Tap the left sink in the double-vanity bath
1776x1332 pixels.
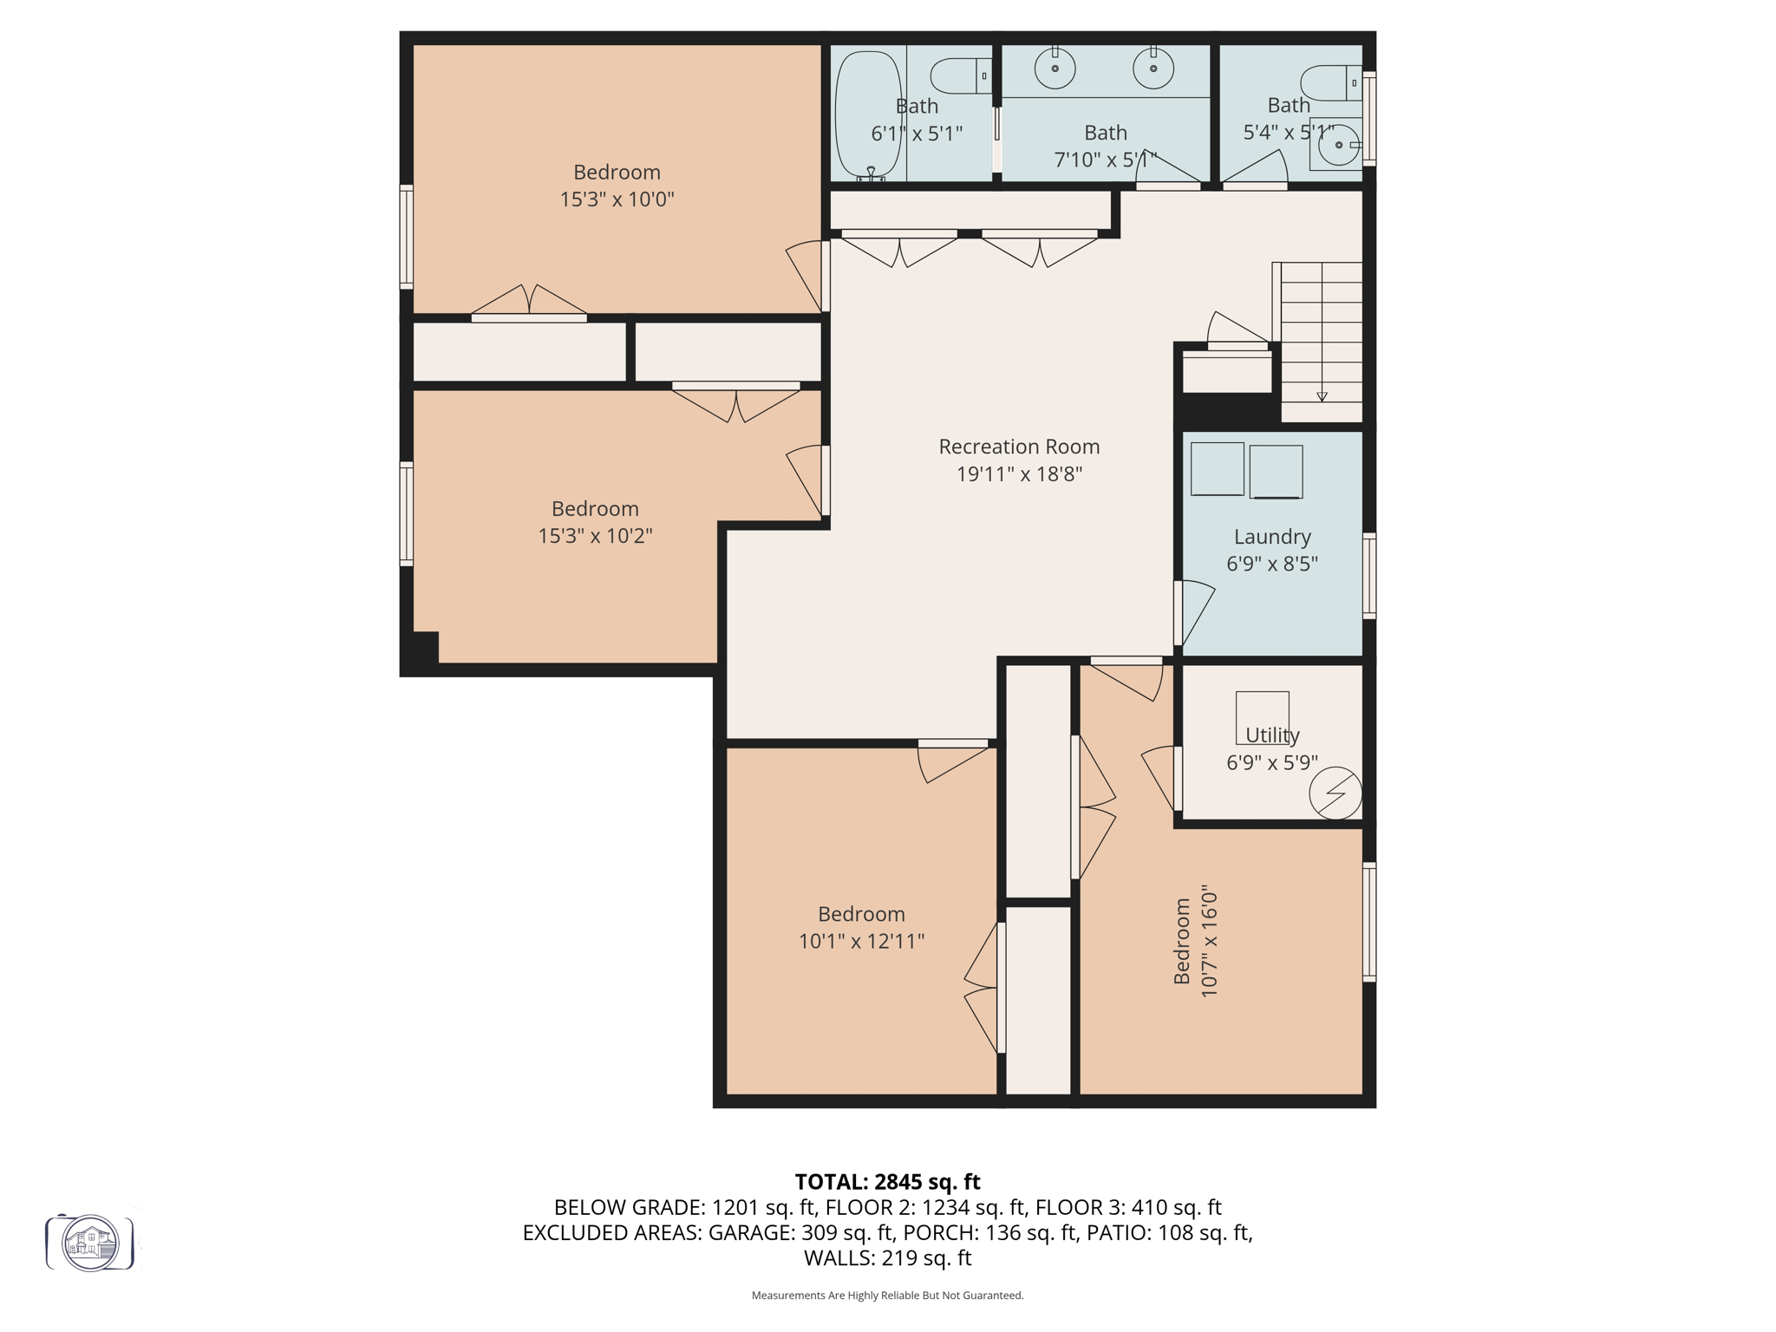coord(1054,69)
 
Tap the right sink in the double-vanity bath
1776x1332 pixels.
coord(1153,69)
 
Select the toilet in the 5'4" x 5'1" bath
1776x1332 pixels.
coord(1331,82)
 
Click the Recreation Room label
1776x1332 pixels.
coord(1019,447)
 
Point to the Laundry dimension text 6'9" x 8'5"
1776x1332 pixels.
coord(1271,564)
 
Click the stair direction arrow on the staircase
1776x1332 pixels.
coord(1322,395)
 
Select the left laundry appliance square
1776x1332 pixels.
coord(1217,469)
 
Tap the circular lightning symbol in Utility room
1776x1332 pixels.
coord(1335,793)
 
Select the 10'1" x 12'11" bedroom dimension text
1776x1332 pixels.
coord(861,941)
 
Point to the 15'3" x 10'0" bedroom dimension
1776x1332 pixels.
coord(617,199)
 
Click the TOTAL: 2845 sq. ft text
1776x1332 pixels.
coord(887,1182)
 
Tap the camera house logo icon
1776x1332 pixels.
coord(90,1243)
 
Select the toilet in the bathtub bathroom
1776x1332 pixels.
coord(961,76)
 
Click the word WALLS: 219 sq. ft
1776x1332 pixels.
coord(887,1258)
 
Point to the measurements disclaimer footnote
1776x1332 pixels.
coord(887,1296)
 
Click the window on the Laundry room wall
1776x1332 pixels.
coord(1368,576)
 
